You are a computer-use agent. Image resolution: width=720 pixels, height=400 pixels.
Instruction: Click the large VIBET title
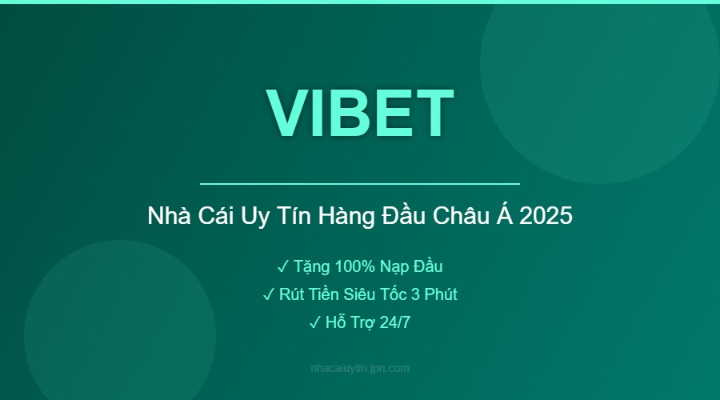click(x=360, y=112)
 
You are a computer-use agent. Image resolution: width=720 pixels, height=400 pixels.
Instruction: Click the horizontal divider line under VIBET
click(x=360, y=184)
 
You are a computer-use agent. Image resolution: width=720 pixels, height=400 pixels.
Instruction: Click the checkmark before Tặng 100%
click(x=282, y=266)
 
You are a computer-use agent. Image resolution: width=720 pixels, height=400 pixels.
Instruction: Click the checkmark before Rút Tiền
click(x=268, y=294)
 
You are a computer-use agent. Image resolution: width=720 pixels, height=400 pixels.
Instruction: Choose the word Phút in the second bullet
click(x=440, y=294)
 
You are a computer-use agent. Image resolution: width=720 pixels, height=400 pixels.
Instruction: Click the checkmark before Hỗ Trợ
click(x=314, y=322)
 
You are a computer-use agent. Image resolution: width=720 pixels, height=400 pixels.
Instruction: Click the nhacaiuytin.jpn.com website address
click(x=360, y=369)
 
